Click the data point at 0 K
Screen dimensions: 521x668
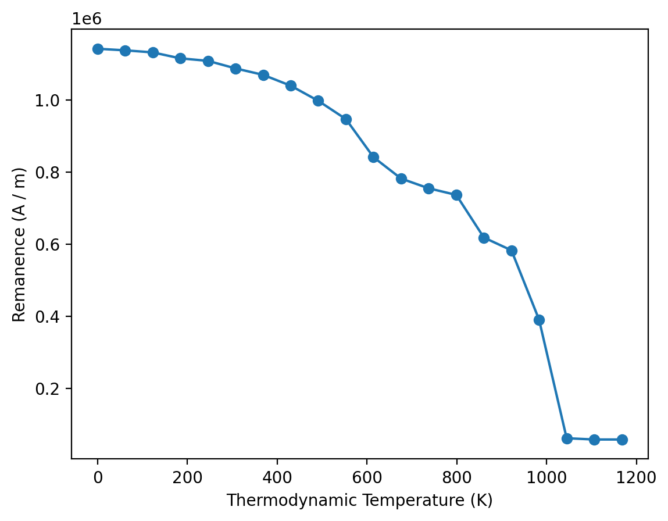tap(98, 49)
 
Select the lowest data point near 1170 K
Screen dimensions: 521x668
tap(622, 440)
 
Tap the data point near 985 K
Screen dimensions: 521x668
tap(539, 320)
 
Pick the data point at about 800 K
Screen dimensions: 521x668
tap(456, 195)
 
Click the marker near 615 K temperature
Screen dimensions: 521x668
tap(373, 157)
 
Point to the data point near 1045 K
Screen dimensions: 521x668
tap(567, 438)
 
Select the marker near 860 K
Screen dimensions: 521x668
tap(484, 238)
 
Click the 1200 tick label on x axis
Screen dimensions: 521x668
tap(636, 478)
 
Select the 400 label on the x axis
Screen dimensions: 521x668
tap(277, 478)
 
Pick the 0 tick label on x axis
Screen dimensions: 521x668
tap(98, 478)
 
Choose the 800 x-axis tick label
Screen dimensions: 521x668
tap(456, 478)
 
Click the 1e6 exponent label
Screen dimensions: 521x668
tap(87, 19)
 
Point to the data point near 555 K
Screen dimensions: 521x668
tap(346, 120)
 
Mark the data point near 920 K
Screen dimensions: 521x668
tap(512, 251)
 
